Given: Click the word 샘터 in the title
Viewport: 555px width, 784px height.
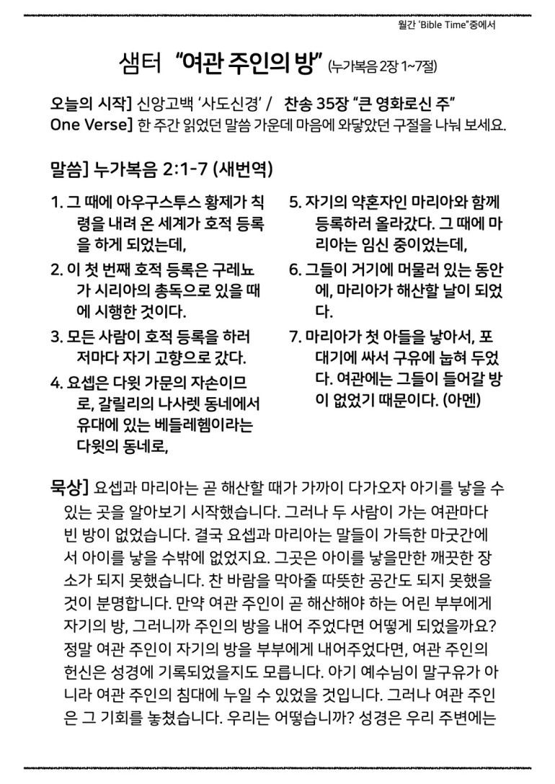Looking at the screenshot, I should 141,64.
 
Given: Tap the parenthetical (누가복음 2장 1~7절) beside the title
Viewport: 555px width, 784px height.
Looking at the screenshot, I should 382,67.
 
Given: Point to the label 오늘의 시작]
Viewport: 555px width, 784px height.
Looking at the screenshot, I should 89,103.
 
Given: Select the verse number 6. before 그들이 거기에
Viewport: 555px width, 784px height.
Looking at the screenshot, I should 294,271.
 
